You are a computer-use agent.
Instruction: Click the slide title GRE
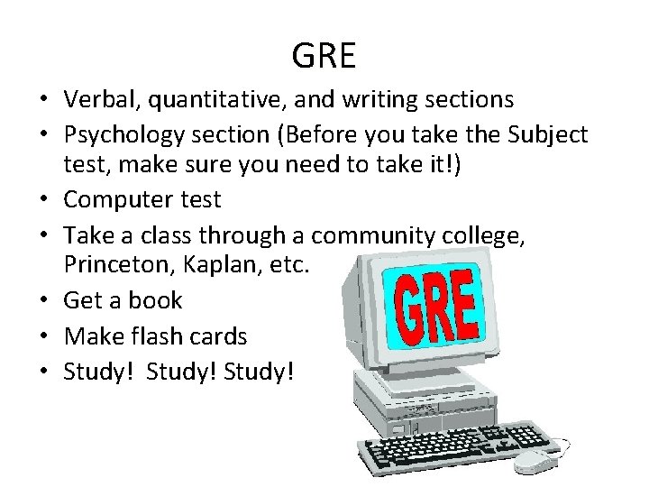[x=324, y=56]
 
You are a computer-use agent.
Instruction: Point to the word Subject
[x=548, y=135]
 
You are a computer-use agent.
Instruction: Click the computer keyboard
[x=455, y=447]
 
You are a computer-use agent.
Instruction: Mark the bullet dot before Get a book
[x=45, y=301]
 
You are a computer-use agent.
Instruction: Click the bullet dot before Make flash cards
[x=45, y=336]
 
